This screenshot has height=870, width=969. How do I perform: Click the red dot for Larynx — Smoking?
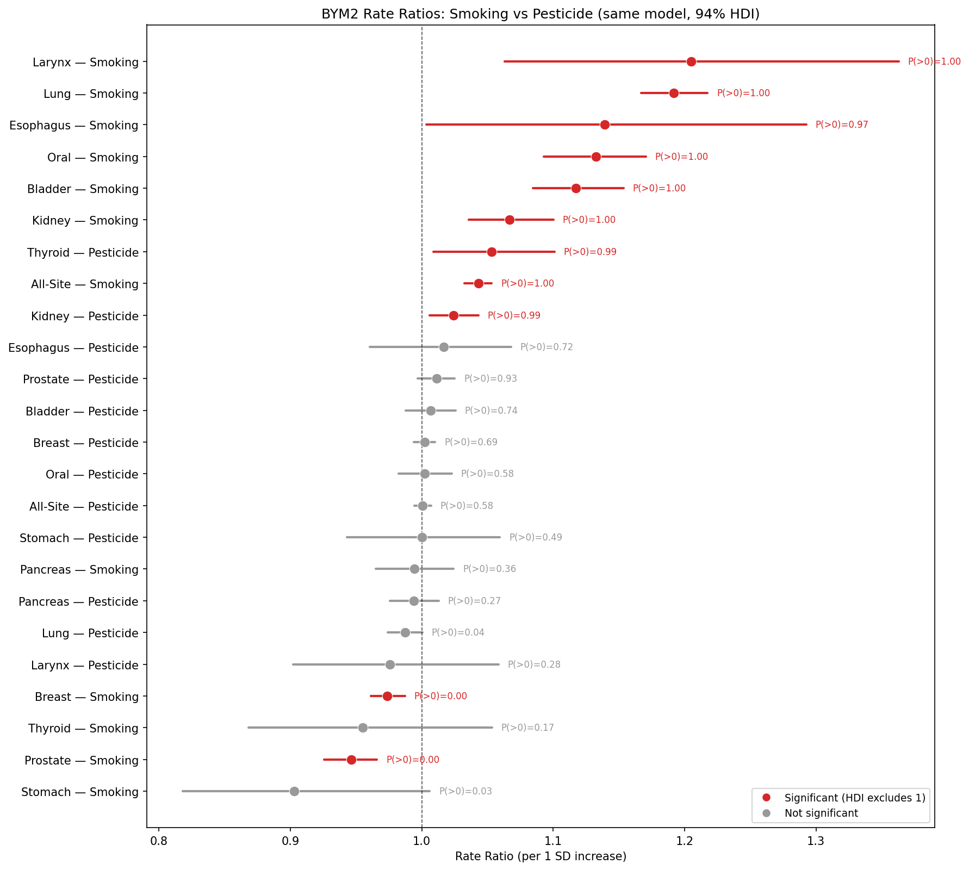(691, 61)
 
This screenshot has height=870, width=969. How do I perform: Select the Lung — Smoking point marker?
(674, 94)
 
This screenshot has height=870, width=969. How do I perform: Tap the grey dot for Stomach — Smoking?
(294, 791)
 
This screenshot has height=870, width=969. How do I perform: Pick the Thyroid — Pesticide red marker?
(492, 252)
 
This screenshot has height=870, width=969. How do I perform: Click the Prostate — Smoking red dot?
(351, 760)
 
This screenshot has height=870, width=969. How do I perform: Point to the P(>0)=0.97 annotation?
(841, 125)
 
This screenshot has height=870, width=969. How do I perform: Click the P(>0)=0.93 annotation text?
(490, 379)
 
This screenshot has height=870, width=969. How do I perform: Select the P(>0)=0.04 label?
(457, 633)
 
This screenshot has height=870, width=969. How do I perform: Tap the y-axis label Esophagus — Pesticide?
(73, 347)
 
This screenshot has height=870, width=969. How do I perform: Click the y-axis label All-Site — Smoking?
(84, 284)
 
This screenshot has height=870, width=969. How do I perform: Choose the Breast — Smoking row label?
(86, 697)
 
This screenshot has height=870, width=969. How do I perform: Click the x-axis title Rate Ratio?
(541, 857)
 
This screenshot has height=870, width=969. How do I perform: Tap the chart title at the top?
(541, 14)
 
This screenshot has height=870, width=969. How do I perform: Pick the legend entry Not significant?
(821, 813)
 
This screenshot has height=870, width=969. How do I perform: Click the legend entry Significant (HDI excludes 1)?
(854, 798)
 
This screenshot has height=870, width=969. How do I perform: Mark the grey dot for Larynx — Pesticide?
(390, 664)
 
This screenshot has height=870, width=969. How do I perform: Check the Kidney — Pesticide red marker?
(454, 315)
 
